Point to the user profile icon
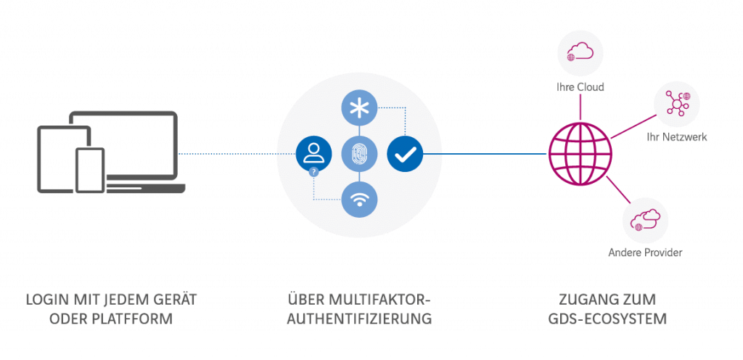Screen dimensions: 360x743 [x=313, y=153]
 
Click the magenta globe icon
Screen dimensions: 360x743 [x=580, y=153]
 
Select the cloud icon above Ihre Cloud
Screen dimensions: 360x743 [x=580, y=52]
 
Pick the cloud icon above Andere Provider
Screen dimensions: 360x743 [x=645, y=218]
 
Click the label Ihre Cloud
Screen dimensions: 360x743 [x=580, y=87]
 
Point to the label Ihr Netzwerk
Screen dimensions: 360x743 [x=677, y=137]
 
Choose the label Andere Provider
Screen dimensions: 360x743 [x=645, y=253]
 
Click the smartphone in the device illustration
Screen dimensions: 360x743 [x=91, y=171]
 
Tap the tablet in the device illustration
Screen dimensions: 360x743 [x=61, y=158]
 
